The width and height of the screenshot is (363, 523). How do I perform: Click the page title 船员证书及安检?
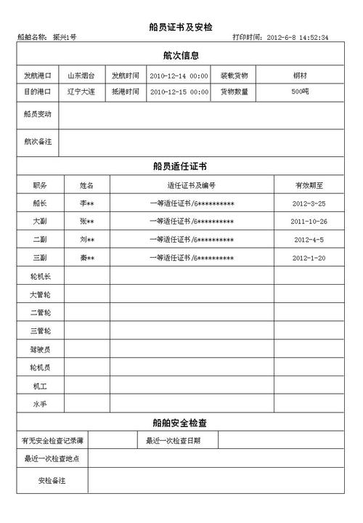(x=181, y=27)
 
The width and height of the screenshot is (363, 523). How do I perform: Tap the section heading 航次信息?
(x=181, y=55)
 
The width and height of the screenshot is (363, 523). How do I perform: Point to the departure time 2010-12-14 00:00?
(x=179, y=76)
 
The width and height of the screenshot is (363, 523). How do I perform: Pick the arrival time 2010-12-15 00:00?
(x=179, y=93)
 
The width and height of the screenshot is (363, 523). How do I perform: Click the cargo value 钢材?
(x=301, y=76)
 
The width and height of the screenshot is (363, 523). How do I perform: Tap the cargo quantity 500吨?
(x=301, y=92)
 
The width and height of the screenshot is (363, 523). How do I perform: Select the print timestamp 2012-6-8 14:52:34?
(x=298, y=38)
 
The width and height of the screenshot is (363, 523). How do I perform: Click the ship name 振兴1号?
(x=65, y=38)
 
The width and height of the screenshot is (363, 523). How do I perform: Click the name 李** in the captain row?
(x=86, y=203)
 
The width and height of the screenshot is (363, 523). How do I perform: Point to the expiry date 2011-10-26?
(x=309, y=222)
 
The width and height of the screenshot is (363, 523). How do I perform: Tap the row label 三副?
(x=40, y=258)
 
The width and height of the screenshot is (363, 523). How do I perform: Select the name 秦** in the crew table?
(x=86, y=258)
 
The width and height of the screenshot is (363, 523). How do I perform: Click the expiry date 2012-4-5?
(x=309, y=240)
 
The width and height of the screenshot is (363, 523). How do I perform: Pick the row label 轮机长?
(x=40, y=276)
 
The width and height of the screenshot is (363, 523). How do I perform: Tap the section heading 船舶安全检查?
(x=181, y=423)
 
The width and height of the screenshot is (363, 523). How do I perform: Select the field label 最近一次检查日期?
(x=172, y=441)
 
